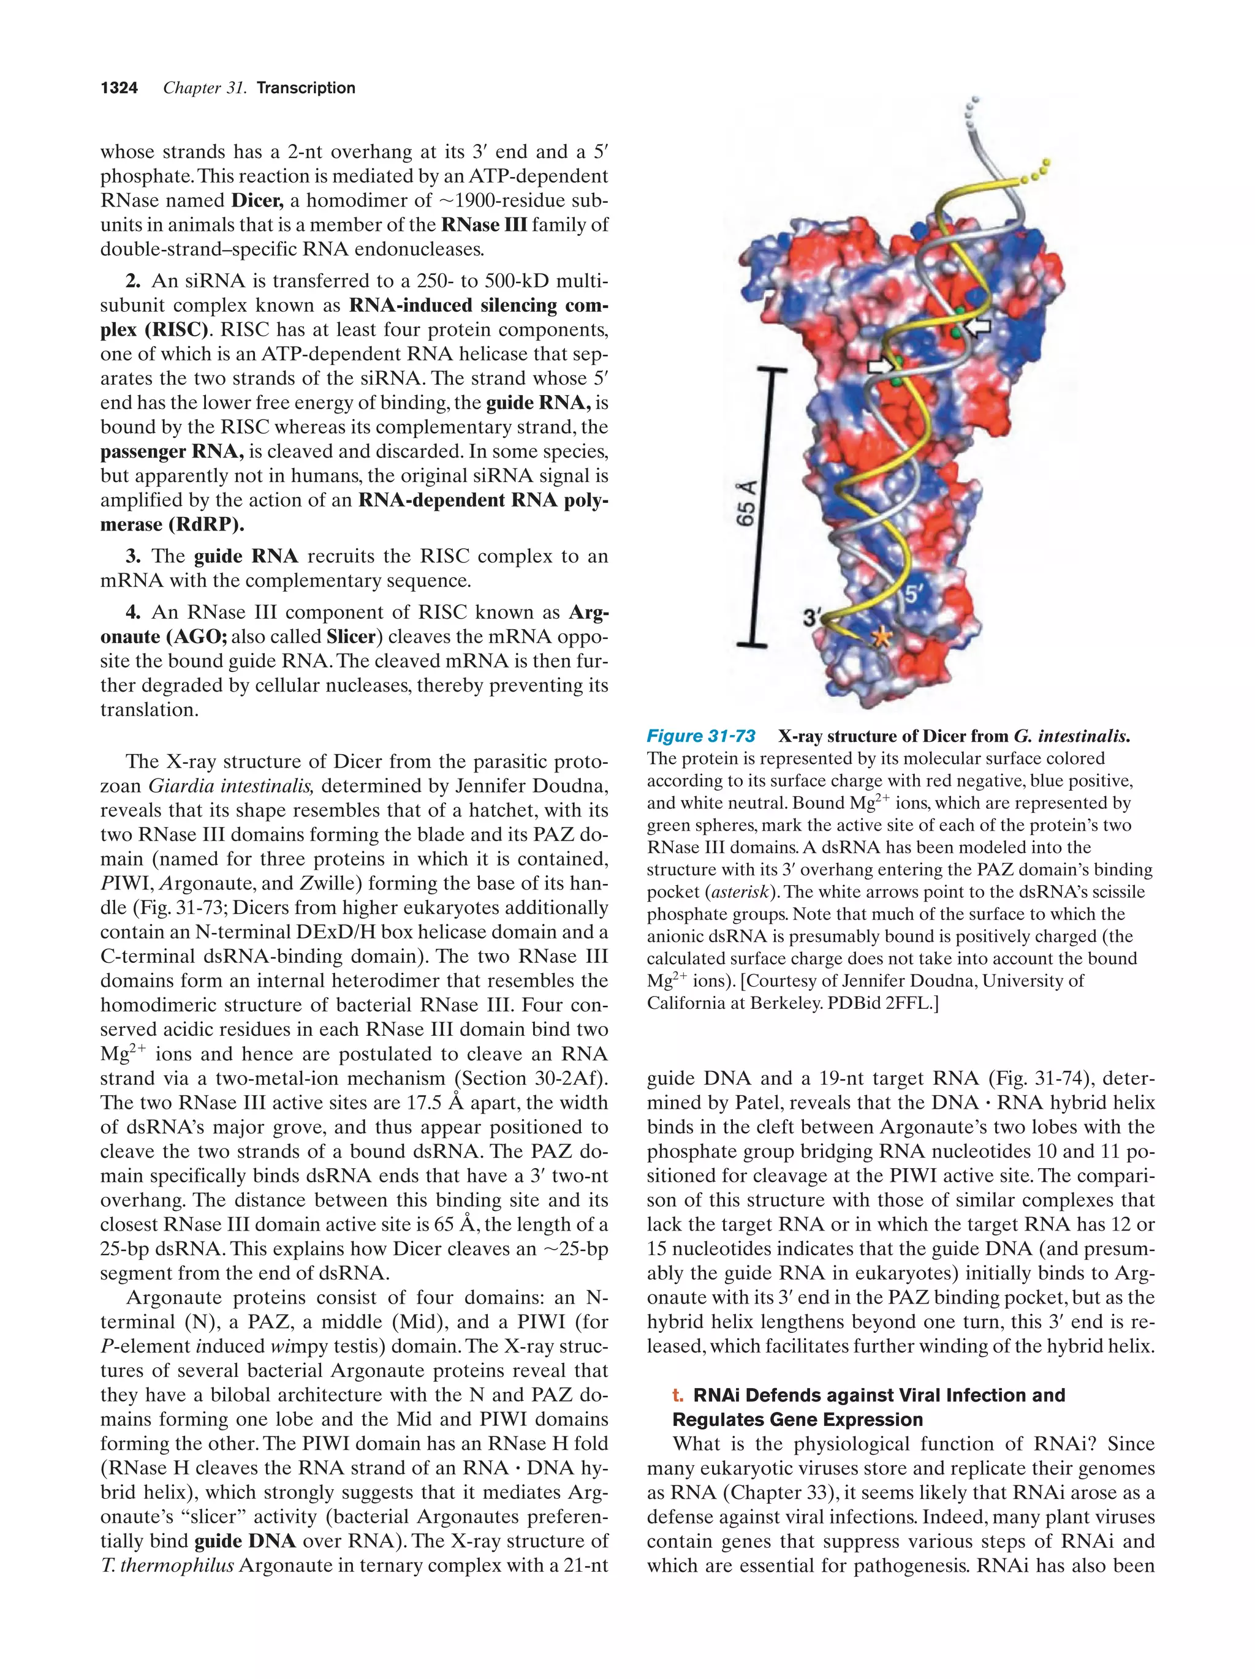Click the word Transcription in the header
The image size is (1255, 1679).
click(x=305, y=88)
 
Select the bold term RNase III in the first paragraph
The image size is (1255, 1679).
click(x=483, y=225)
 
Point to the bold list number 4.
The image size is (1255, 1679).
click(x=133, y=613)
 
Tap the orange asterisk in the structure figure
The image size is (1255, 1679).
click(x=881, y=638)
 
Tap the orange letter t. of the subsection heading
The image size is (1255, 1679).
click(x=677, y=1395)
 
